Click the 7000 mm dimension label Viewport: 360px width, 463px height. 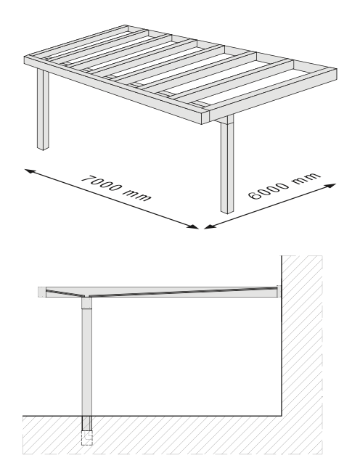point(116,188)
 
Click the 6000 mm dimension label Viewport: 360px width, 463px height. point(284,186)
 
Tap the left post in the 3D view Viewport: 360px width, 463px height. point(43,110)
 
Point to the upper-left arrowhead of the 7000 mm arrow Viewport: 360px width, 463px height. point(29,171)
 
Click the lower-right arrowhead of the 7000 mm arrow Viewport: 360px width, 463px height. point(194,226)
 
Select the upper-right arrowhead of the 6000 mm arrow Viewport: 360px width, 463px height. point(331,186)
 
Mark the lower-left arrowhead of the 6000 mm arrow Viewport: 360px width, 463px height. point(208,226)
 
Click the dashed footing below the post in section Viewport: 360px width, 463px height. point(87,438)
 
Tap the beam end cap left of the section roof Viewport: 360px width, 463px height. point(42,292)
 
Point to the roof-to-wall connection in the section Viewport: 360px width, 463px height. point(279,291)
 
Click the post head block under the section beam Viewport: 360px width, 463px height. point(87,303)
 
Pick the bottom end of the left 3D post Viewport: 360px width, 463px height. point(43,148)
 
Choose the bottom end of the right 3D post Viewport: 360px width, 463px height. point(227,211)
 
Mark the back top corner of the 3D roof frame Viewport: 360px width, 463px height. point(126,25)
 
